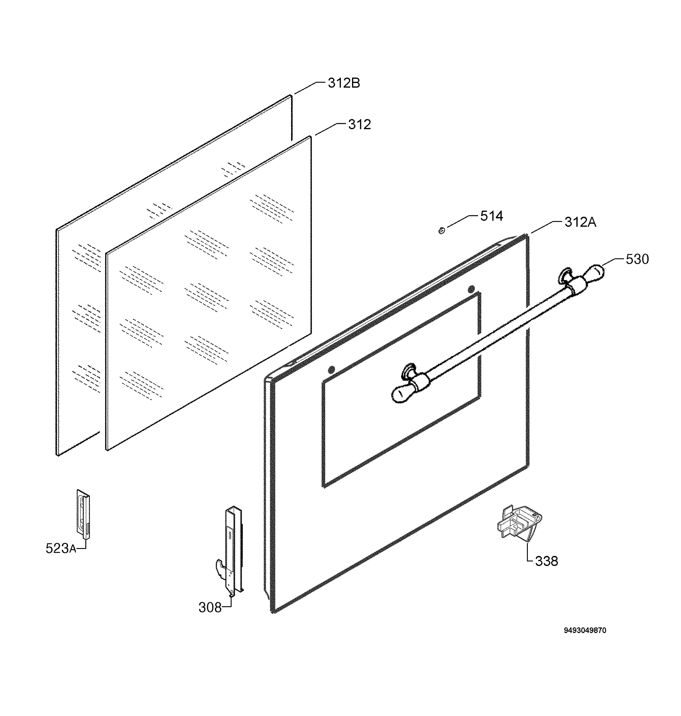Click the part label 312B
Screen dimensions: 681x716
click(344, 84)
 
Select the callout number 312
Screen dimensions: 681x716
click(359, 125)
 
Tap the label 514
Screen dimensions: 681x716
click(491, 216)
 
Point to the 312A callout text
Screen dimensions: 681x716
click(580, 222)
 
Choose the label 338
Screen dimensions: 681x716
click(546, 561)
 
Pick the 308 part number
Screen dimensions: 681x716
click(210, 607)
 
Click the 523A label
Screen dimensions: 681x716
click(61, 548)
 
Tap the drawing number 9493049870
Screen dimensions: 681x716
click(585, 641)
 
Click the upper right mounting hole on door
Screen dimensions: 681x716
click(471, 289)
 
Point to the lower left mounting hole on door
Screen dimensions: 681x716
click(331, 370)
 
